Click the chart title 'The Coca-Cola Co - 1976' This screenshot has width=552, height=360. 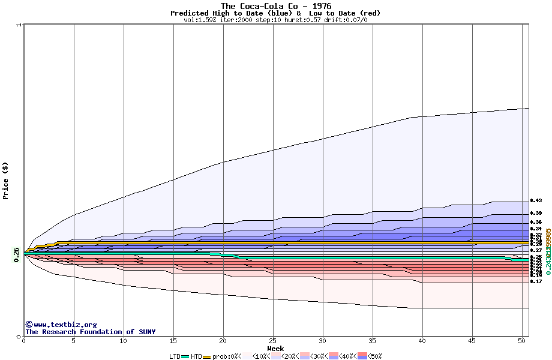coord(275,6)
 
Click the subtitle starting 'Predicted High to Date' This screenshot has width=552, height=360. coord(275,13)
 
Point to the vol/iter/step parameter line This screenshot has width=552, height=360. coord(275,20)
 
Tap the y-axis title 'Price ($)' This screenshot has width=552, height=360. coord(6,181)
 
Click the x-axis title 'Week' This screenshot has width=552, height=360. coord(275,349)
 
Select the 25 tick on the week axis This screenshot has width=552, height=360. coord(273,341)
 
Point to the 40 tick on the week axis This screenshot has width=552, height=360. coord(422,341)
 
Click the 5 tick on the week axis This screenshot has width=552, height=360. coord(74,341)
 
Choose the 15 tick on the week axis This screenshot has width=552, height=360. coord(173,341)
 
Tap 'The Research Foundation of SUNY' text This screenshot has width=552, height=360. coord(90,332)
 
